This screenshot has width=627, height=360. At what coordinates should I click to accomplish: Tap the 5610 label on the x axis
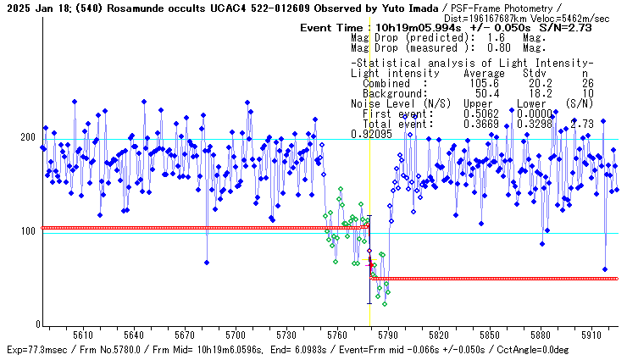[x=83, y=335]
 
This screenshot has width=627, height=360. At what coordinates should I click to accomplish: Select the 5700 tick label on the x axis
[x=236, y=335]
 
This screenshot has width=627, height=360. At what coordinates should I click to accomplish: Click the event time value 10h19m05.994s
[x=406, y=28]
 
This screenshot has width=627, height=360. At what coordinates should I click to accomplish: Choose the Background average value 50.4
[x=482, y=93]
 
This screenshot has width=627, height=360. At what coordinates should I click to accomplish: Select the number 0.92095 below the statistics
[x=371, y=134]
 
